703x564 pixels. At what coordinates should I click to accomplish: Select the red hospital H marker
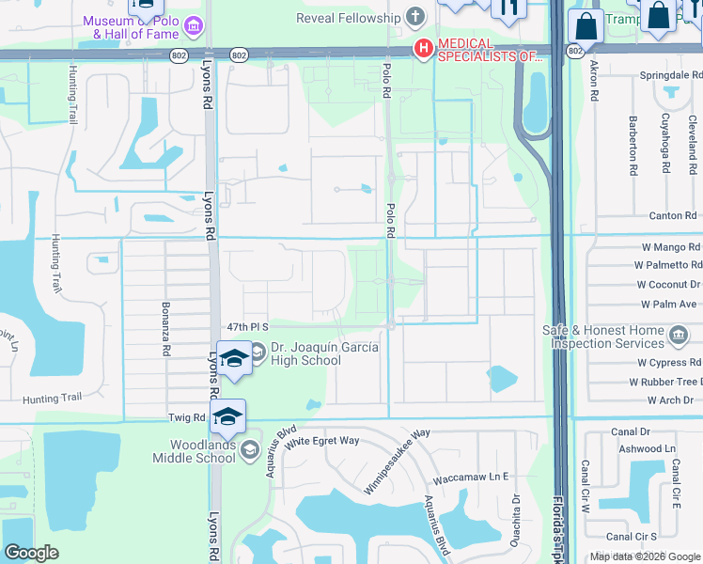[424, 48]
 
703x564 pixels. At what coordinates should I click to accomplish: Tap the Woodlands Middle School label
[195, 450]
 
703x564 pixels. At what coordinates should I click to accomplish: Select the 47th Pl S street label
[248, 326]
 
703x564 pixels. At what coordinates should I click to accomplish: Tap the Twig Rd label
[187, 416]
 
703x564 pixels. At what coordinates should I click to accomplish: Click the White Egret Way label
[322, 441]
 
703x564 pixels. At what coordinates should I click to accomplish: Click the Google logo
[31, 553]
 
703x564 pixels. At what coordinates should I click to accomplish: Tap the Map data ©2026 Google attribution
[644, 556]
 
